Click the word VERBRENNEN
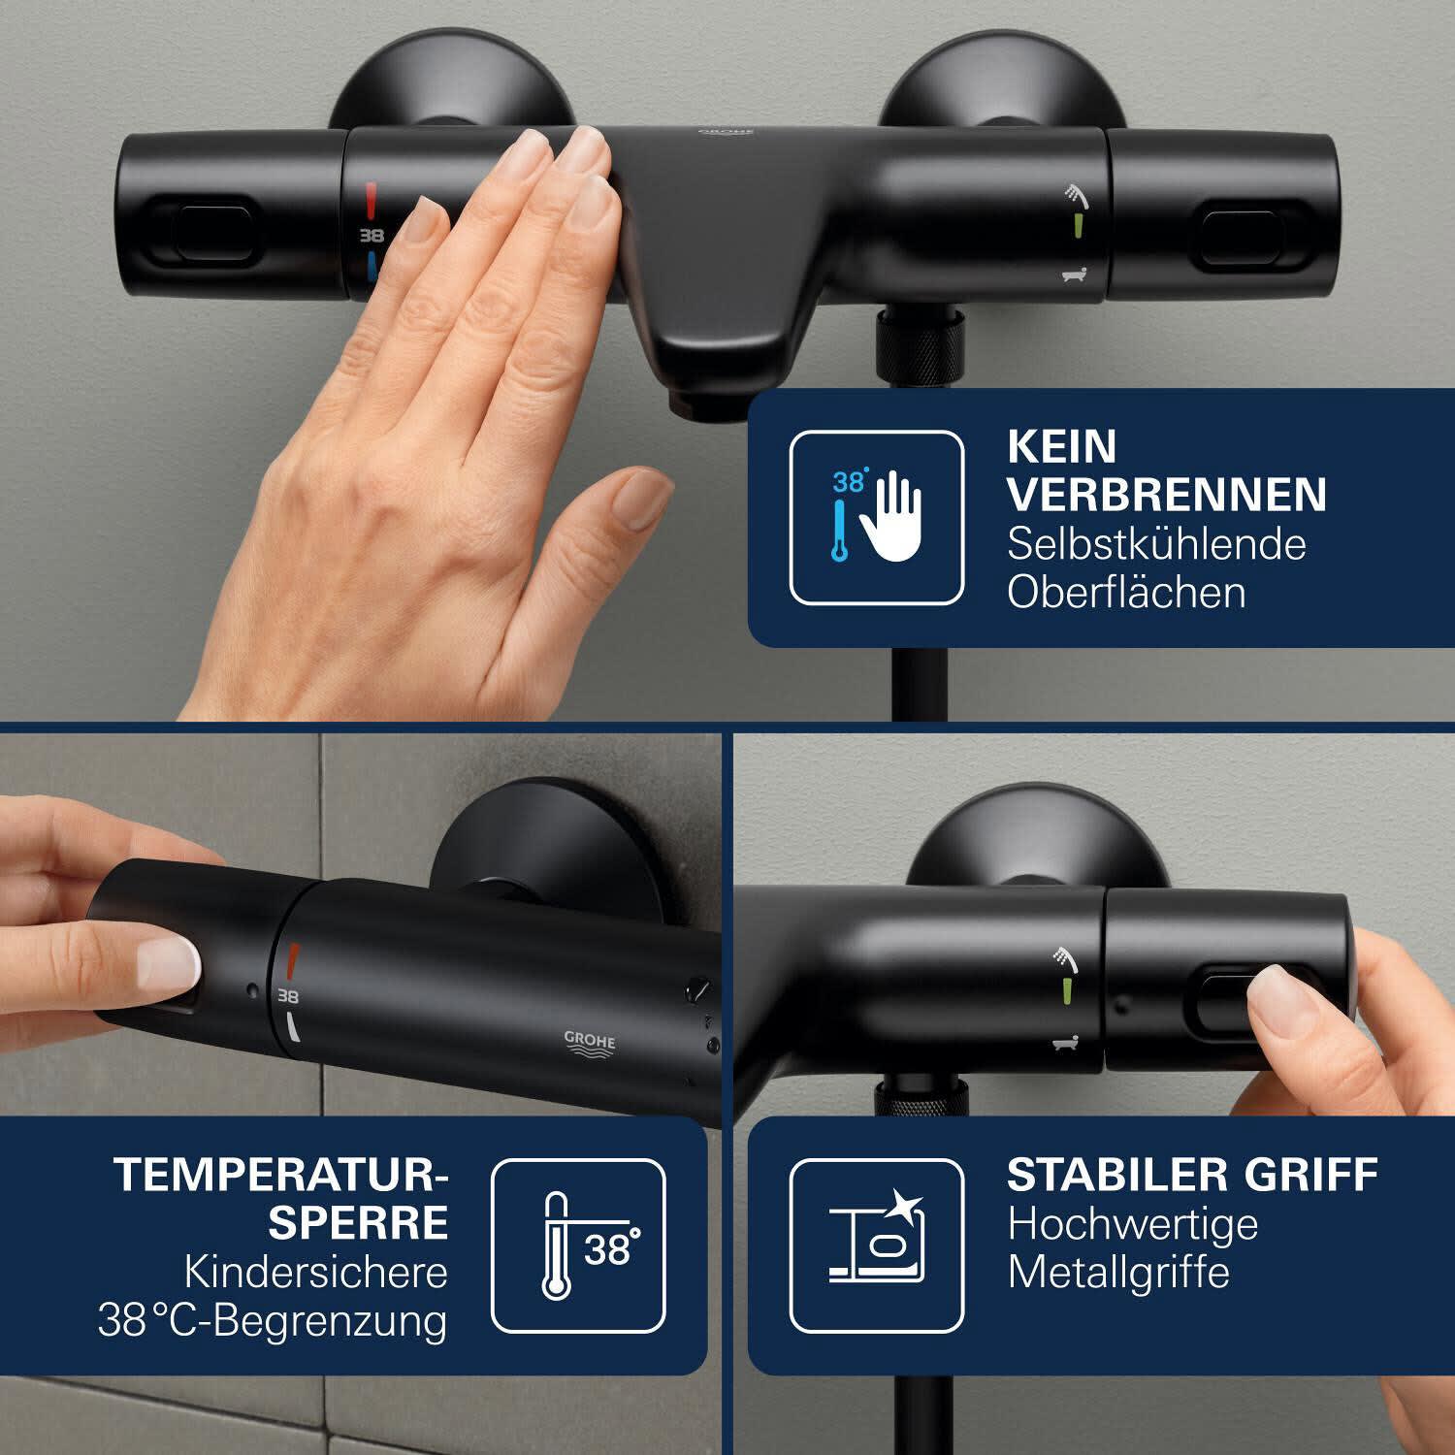[x=1167, y=494]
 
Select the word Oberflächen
[x=1126, y=592]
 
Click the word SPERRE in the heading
[x=358, y=1222]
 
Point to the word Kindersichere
[x=316, y=1272]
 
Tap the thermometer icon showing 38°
[x=579, y=1246]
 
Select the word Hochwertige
[x=1132, y=1225]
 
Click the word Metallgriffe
[x=1118, y=1272]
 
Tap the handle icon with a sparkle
[x=877, y=1246]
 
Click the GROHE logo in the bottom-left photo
[x=590, y=1042]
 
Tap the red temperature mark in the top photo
[x=372, y=200]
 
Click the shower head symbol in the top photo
[x=1076, y=194]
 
